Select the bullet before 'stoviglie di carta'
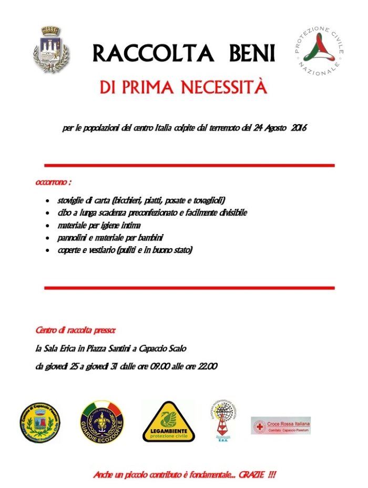pyautogui.click(x=49, y=201)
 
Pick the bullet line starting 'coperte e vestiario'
pyautogui.click(x=125, y=251)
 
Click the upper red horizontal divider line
pyautogui.click(x=189, y=165)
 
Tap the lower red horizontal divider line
pyautogui.click(x=189, y=288)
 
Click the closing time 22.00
pyautogui.click(x=206, y=367)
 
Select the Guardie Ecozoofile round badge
pyautogui.click(x=103, y=422)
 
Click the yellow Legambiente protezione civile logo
pyautogui.click(x=169, y=421)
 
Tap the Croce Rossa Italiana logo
pyautogui.click(x=281, y=425)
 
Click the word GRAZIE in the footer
pyautogui.click(x=249, y=475)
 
